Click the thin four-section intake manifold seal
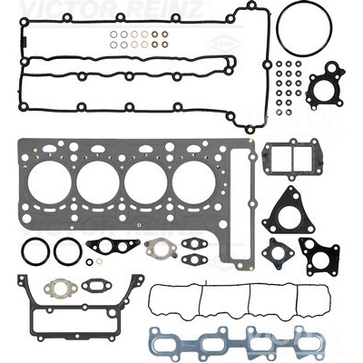[x=239, y=284]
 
